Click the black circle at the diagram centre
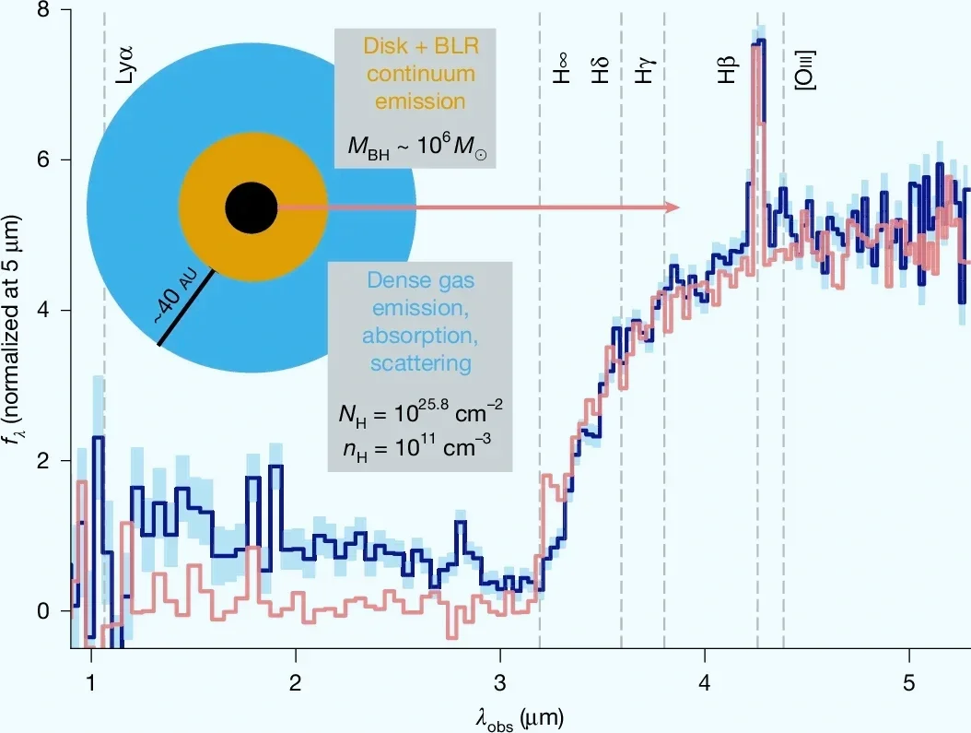tap(251, 207)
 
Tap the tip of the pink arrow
tap(681, 207)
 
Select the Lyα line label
tap(125, 65)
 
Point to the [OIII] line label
tap(805, 70)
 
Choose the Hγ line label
tap(645, 69)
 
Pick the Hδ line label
tap(601, 69)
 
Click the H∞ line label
tap(561, 69)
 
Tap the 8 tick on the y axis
tap(42, 10)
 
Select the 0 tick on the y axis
tap(42, 611)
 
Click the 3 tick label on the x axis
tap(499, 682)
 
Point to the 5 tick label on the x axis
tap(908, 682)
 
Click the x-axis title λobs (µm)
tap(521, 719)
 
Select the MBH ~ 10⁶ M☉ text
tap(416, 147)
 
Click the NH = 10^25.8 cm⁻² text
tap(420, 412)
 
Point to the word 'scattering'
tap(421, 362)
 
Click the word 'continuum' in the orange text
tap(421, 74)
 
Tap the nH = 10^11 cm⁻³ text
tap(417, 447)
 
